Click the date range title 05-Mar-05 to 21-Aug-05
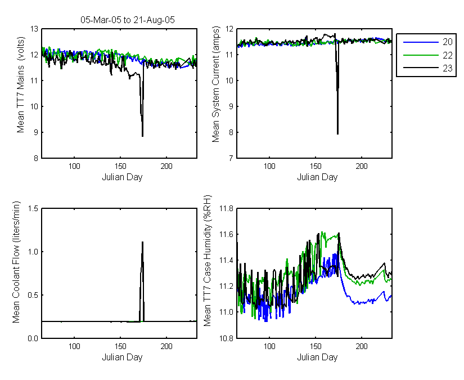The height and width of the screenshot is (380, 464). pyautogui.click(x=128, y=20)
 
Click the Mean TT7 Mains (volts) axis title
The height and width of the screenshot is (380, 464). pyautogui.click(x=20, y=84)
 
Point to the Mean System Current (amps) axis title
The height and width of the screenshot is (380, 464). pyautogui.click(x=216, y=84)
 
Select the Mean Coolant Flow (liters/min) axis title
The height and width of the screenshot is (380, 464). pyautogui.click(x=16, y=262)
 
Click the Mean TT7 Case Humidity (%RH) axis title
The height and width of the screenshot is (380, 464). pyautogui.click(x=208, y=261)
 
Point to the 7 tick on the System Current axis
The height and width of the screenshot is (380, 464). pyautogui.click(x=231, y=158)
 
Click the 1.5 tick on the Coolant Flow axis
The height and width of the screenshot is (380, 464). pyautogui.click(x=33, y=209)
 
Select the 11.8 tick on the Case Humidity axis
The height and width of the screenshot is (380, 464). pyautogui.click(x=227, y=209)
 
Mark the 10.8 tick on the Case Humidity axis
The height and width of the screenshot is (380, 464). pyautogui.click(x=227, y=338)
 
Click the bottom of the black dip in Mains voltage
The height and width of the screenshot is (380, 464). pyautogui.click(x=143, y=136)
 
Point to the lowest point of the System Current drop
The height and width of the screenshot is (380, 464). pyautogui.click(x=337, y=133)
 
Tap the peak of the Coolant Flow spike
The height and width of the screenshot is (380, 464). pyautogui.click(x=143, y=242)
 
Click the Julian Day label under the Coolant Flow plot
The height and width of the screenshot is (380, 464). pyautogui.click(x=122, y=357)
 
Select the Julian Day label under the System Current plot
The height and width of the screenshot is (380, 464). pyautogui.click(x=317, y=177)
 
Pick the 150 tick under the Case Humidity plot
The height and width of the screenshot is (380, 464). pyautogui.click(x=316, y=346)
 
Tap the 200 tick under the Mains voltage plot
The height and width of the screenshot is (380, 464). pyautogui.click(x=166, y=166)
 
